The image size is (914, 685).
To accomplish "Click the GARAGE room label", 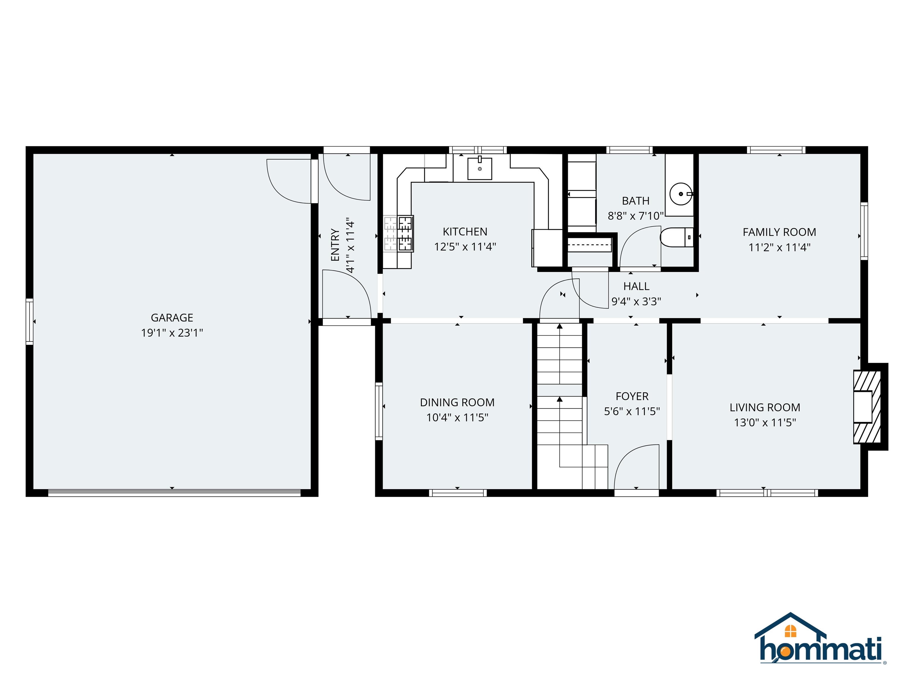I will point(172,318).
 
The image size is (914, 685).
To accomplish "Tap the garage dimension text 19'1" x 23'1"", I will point(172,333).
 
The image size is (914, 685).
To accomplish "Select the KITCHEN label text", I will point(465,232).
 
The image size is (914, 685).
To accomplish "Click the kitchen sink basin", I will point(479,169).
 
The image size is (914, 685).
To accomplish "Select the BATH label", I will point(636,201).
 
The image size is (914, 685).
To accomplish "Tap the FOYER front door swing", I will point(636,466).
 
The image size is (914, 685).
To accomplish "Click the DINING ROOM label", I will point(457,403).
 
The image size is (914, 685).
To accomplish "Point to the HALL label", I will point(636,286).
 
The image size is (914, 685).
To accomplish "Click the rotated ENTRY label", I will point(335,245).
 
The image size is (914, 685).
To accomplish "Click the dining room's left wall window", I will point(378,411).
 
